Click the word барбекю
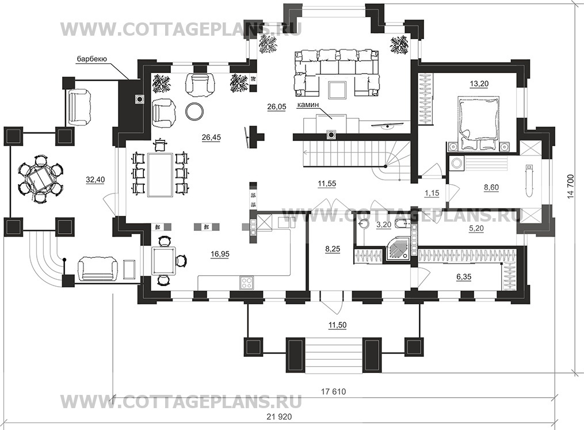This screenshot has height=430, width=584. point(92,59)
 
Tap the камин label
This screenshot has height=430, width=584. point(308,105)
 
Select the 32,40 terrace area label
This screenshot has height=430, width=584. point(96,180)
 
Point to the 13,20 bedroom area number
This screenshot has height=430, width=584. point(479,84)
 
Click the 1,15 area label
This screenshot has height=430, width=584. point(432,193)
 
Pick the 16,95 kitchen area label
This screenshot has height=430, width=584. point(220,254)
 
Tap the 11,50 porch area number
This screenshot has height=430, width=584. point(337,325)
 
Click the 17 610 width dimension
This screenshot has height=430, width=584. point(333,391)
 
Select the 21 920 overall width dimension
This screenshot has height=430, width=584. point(279,417)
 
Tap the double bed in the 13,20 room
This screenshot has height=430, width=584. point(479,123)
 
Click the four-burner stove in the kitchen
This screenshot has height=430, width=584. point(247,282)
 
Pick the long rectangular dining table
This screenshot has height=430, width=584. point(160,174)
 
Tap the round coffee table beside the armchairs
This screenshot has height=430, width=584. point(195,111)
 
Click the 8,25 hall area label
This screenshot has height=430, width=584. point(333,249)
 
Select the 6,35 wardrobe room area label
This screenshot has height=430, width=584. point(464,277)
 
